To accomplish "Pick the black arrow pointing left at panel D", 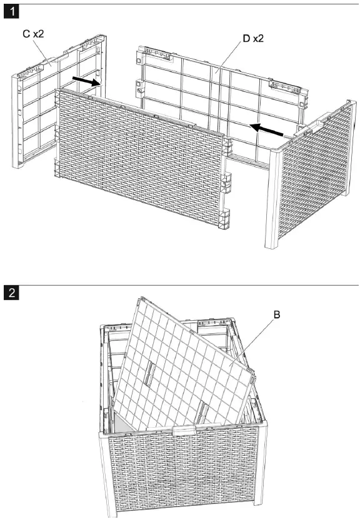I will coord(266,128).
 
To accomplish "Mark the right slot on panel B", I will coord(203,411).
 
